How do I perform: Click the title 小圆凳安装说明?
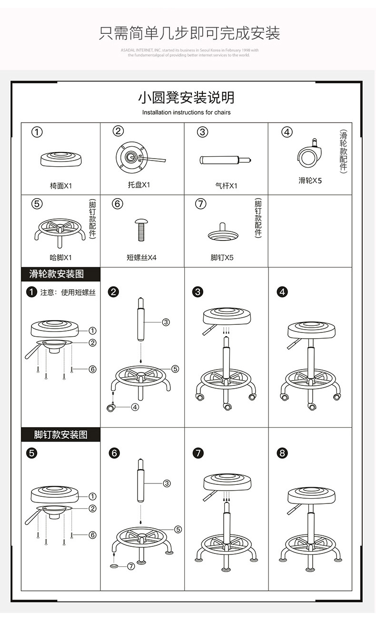[186, 98]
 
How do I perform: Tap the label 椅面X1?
[61, 186]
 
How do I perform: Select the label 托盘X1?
[139, 185]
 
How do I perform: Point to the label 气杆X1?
[226, 186]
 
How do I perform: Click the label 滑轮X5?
[310, 181]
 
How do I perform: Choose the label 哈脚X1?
[61, 258]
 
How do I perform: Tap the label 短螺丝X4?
[141, 258]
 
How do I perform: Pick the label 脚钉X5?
[222, 258]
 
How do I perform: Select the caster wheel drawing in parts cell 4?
[308, 155]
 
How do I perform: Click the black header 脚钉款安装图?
[60, 434]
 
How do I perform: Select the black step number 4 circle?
[283, 292]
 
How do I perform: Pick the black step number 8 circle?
[283, 453]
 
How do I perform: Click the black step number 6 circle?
[114, 453]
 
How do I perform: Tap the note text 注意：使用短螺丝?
[68, 292]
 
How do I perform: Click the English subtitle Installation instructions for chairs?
[186, 112]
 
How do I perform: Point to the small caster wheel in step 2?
[112, 407]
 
